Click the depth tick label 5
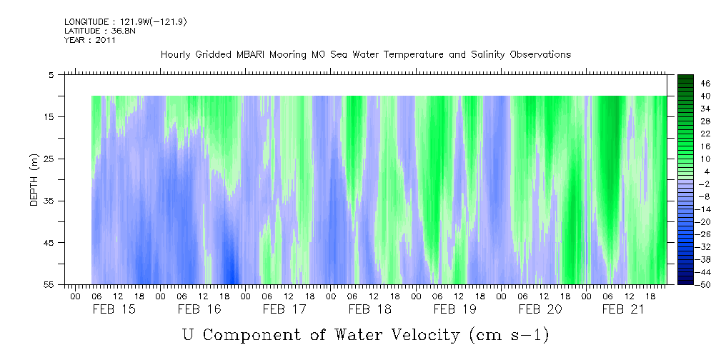51,74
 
